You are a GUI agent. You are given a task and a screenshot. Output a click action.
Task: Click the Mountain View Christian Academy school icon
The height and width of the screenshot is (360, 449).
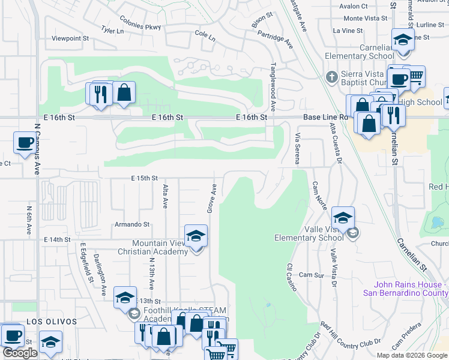point(196,237)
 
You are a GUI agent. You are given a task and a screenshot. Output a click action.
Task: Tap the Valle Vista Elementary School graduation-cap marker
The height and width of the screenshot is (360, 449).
point(343,218)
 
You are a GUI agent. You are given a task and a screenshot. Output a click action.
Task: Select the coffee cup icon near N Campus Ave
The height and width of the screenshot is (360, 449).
point(25,143)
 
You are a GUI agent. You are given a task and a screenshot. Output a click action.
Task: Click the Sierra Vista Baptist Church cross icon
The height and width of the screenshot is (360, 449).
point(330,77)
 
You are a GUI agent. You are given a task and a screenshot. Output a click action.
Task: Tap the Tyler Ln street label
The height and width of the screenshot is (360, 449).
point(113,29)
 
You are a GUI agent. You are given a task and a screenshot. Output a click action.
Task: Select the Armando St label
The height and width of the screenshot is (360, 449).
point(131,224)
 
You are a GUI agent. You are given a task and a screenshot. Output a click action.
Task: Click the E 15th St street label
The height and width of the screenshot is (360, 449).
point(143,178)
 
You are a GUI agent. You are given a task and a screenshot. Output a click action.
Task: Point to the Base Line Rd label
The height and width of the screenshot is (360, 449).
point(325,117)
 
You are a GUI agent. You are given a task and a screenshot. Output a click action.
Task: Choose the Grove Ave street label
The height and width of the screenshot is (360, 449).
point(211,199)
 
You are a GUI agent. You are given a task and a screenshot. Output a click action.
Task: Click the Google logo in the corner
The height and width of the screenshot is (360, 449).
point(20,353)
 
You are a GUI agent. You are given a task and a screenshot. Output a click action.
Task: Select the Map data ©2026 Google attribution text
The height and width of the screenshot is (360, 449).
point(411,355)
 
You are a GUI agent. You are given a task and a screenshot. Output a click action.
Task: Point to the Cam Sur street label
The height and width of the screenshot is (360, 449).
point(311,275)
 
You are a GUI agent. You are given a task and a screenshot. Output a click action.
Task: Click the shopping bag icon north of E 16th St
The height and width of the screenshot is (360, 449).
point(124,94)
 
